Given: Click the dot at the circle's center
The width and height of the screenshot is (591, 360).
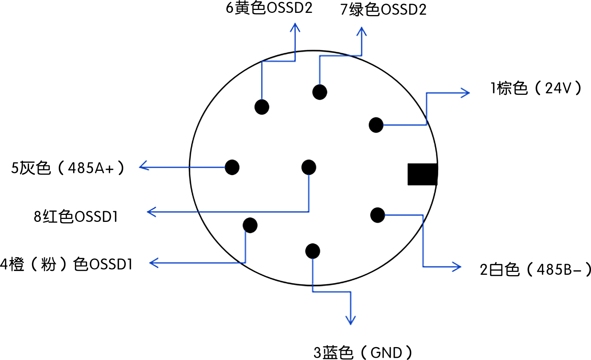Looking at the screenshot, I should click(309, 167).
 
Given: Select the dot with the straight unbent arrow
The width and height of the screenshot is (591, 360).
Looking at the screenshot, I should click(232, 167).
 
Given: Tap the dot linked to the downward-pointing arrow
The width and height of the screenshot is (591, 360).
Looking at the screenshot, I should click(312, 251).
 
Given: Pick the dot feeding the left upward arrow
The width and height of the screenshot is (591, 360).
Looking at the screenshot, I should click(262, 107).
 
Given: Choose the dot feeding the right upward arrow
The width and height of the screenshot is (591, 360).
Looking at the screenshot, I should click(320, 92).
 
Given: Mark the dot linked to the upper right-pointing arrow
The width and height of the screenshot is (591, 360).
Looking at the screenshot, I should click(376, 125).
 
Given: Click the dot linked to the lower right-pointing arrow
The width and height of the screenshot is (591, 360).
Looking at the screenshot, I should click(377, 215).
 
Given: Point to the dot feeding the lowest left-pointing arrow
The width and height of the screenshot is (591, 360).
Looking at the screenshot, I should click(250, 225).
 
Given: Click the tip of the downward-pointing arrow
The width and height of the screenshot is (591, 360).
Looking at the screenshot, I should click(351, 323).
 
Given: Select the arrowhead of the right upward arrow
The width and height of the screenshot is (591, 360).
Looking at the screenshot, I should click(362, 29).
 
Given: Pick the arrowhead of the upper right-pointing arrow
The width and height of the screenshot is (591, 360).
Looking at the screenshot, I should click(468, 93).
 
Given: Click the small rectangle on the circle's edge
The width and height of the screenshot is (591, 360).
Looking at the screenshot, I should click(422, 174).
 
